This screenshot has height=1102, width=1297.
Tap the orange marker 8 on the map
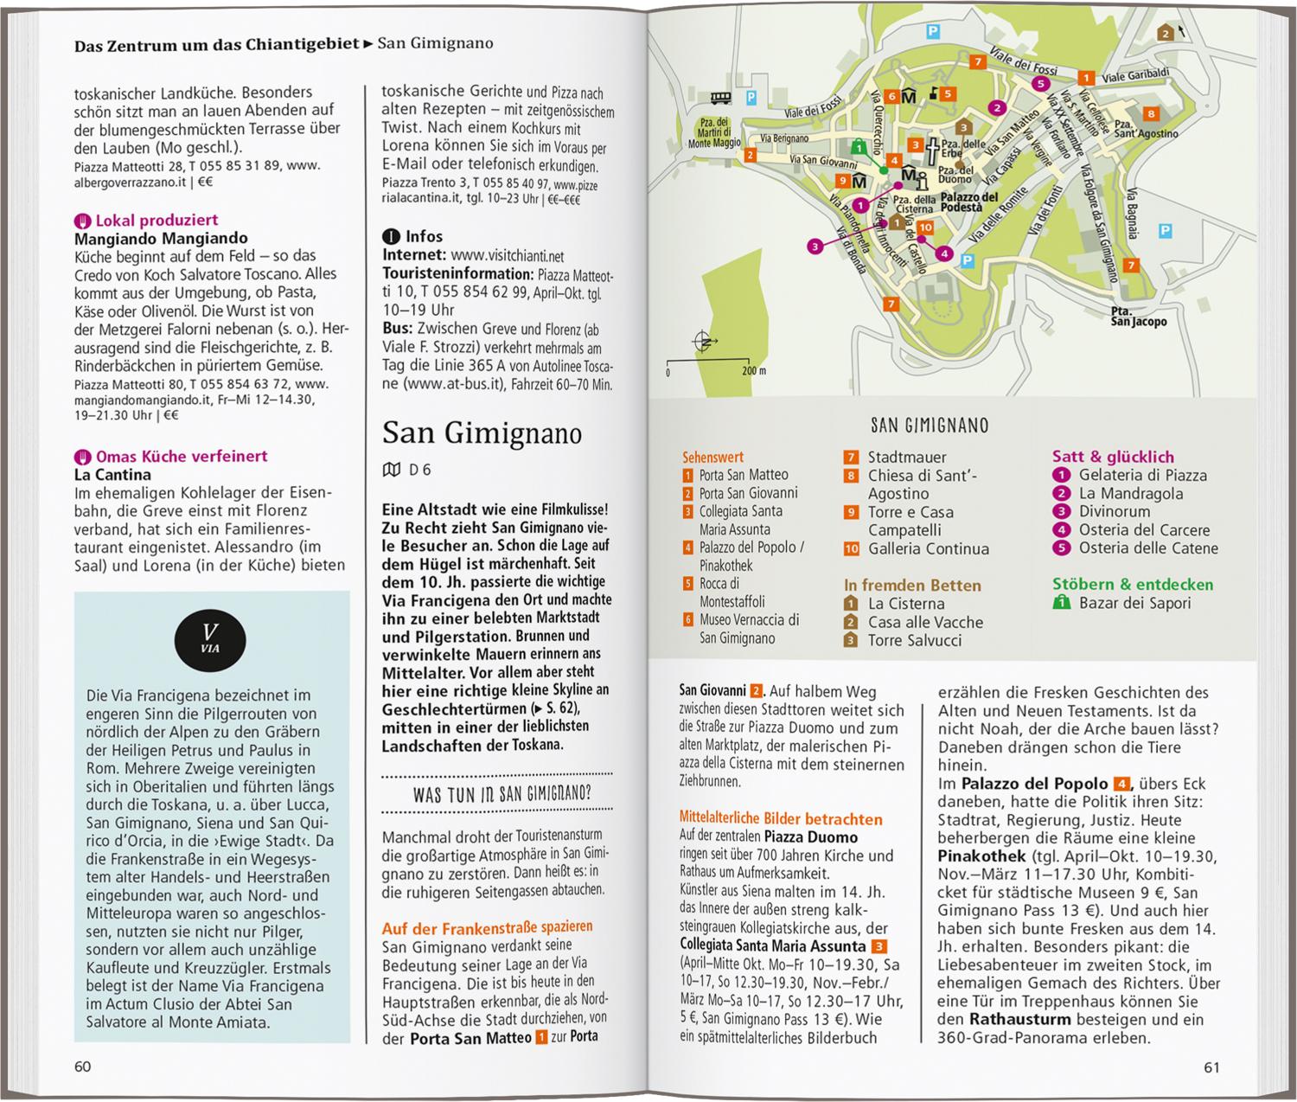coord(1151,113)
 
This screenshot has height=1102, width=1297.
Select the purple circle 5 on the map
coord(1041,84)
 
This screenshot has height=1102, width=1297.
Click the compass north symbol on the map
coord(705,343)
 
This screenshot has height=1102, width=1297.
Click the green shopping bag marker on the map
coord(858,146)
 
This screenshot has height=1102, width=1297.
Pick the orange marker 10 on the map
coord(925,227)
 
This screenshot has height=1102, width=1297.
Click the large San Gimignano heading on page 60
coord(482,432)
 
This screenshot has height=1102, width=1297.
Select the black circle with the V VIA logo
coord(210,639)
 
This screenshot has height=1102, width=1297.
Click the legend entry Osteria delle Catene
coord(1147,548)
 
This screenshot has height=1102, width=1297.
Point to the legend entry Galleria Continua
coord(928,548)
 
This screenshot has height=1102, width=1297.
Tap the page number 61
coord(1211,1067)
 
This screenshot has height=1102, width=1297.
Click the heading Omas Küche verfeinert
coord(182,456)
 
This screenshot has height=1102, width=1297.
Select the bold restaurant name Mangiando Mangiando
coord(161,238)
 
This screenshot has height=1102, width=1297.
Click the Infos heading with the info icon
coord(424,236)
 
